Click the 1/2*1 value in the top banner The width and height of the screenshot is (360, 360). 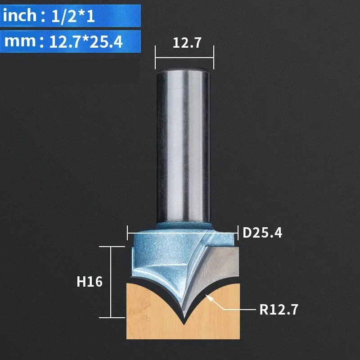click(x=73, y=17)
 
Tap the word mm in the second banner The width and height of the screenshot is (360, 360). click(x=20, y=41)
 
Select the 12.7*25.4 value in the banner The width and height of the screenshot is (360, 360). click(x=86, y=42)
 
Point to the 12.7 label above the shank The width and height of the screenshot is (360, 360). click(x=187, y=43)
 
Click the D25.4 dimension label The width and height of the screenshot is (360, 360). click(x=262, y=233)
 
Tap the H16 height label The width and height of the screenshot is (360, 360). click(x=90, y=282)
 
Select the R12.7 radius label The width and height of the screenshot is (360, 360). click(x=279, y=310)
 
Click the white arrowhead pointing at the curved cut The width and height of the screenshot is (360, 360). click(x=209, y=297)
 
